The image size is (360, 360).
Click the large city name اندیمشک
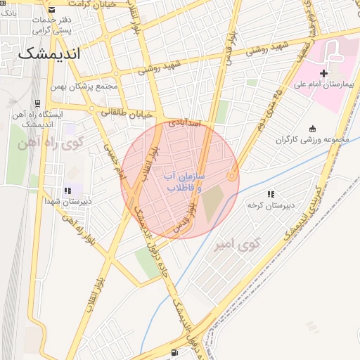point(49,53)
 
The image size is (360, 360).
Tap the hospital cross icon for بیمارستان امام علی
point(323,72)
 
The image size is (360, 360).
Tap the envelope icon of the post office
point(53,9)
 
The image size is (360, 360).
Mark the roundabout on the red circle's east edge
point(232,175)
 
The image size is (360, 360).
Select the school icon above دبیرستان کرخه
point(270,194)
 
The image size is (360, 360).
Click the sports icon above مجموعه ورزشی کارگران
point(312,128)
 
